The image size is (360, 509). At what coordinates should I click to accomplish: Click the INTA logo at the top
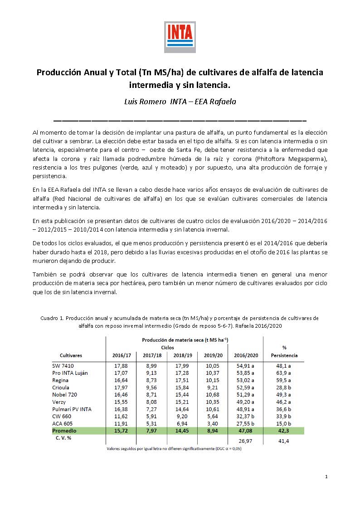click(180, 36)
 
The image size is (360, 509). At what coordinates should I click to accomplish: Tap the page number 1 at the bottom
click(326, 476)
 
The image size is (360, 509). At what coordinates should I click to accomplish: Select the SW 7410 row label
click(63, 366)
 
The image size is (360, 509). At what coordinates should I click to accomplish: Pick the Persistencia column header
click(284, 355)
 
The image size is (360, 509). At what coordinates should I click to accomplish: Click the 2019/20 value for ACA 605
click(213, 423)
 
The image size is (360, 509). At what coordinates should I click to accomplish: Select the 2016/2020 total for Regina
click(246, 380)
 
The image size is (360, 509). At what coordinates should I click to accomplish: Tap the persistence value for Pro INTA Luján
click(284, 373)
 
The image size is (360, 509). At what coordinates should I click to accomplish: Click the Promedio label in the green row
click(64, 431)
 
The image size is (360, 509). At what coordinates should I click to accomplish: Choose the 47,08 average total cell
click(246, 431)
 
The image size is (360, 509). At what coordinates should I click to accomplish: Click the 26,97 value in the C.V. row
click(246, 441)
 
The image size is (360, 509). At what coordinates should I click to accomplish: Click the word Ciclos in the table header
click(167, 347)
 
